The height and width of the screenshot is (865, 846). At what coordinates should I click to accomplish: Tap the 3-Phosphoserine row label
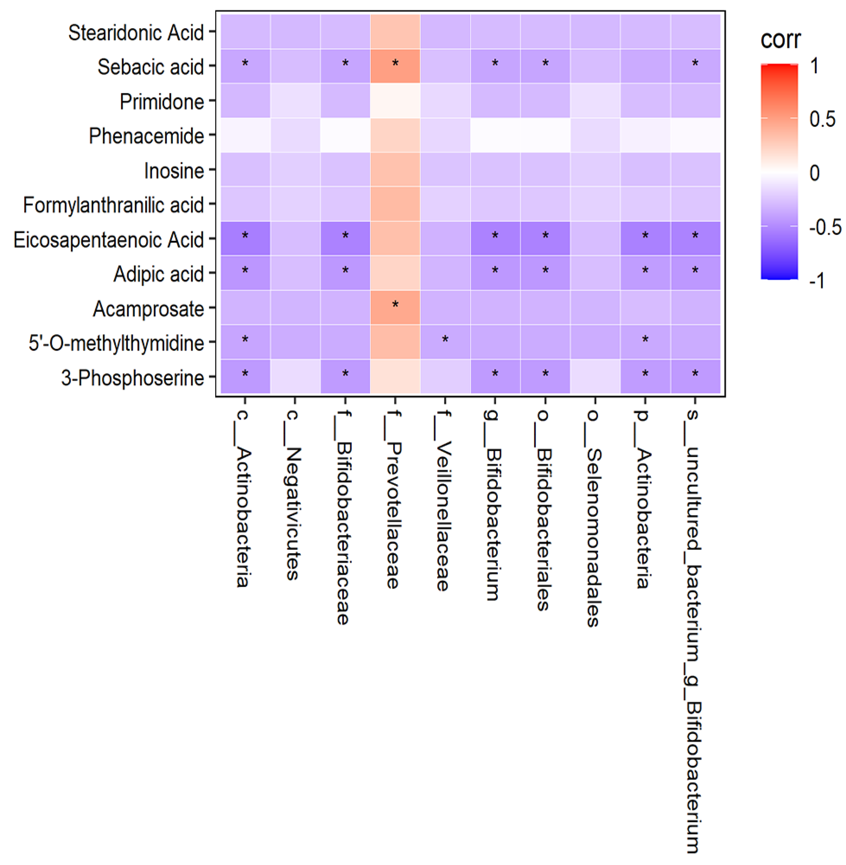132,378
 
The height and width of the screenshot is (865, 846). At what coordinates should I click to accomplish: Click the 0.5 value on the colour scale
822,119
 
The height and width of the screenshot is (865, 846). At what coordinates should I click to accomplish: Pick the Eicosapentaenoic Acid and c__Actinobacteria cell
245,238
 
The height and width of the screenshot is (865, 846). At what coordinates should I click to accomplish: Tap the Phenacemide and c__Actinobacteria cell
245,135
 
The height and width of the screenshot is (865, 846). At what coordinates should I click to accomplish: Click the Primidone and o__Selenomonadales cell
595,100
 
